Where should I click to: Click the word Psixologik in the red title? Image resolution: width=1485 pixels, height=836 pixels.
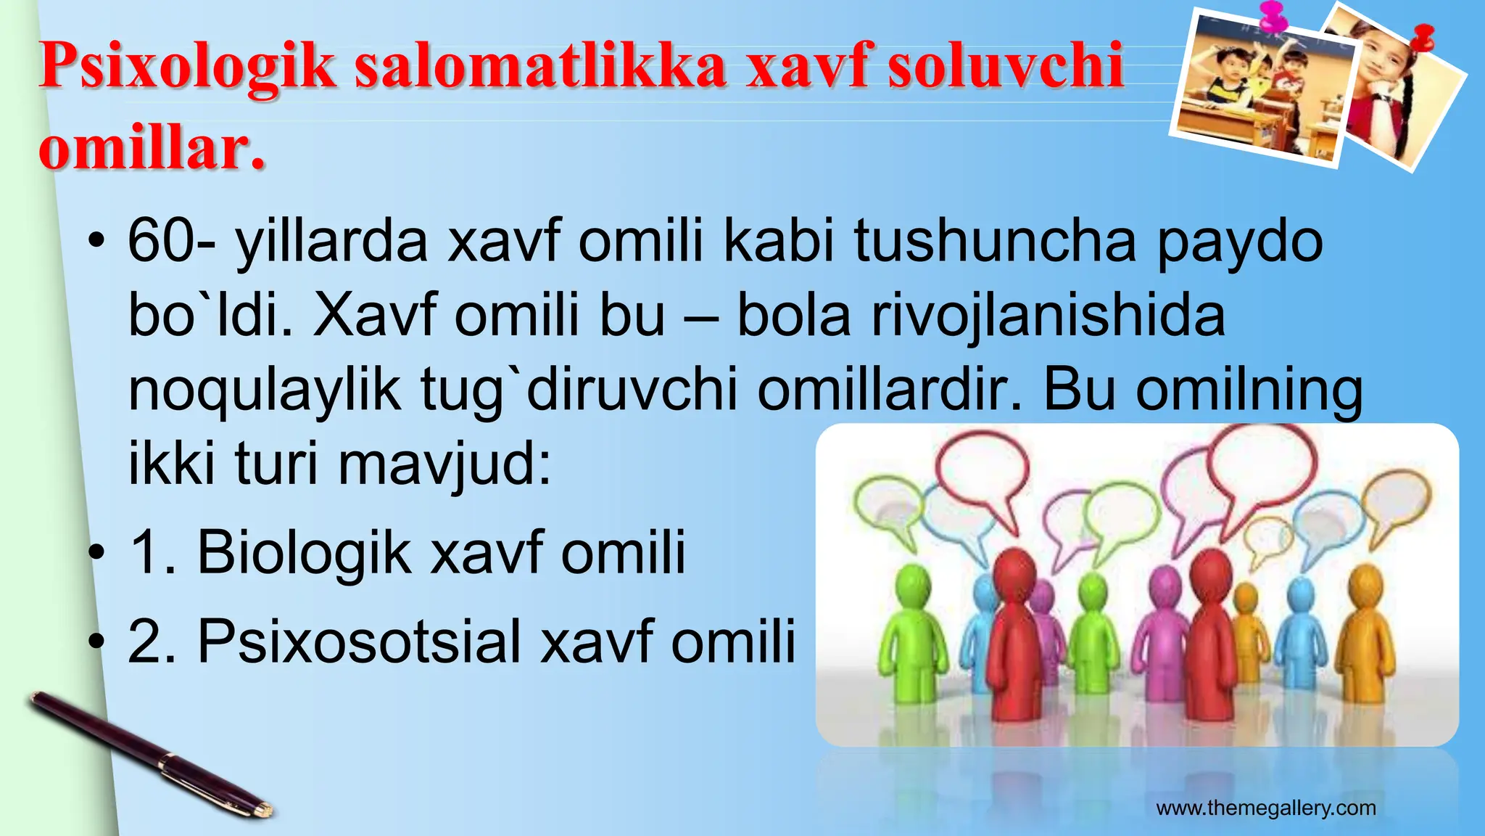click(187, 67)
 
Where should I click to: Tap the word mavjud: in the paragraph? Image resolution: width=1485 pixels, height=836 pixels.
click(444, 464)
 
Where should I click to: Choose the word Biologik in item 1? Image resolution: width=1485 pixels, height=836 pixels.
click(304, 553)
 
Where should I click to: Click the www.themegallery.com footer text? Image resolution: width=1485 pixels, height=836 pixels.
click(1265, 808)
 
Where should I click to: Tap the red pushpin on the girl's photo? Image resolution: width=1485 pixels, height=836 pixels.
click(1423, 36)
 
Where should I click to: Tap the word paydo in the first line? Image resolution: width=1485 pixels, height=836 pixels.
click(1239, 242)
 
